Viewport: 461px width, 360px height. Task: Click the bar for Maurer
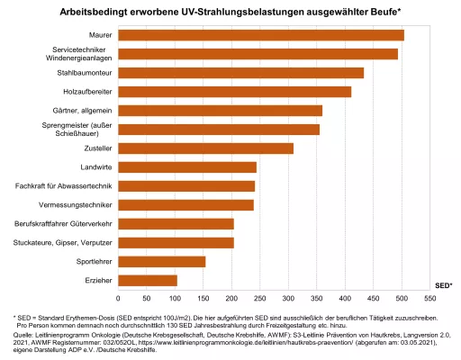(x=261, y=35)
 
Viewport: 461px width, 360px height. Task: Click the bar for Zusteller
(x=206, y=148)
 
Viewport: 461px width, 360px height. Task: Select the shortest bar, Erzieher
(x=148, y=280)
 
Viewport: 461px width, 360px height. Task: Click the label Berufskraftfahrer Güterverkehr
(x=63, y=223)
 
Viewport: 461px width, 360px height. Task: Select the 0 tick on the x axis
(x=120, y=296)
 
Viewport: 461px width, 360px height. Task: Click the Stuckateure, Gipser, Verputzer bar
(x=176, y=242)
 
